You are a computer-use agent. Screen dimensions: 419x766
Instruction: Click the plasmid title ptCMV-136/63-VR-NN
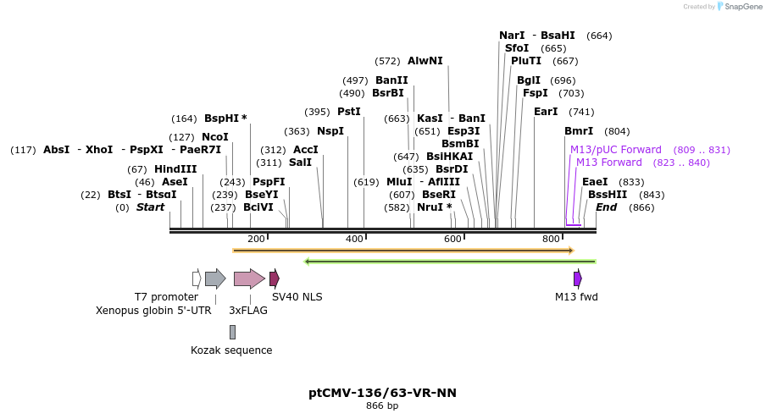click(x=382, y=393)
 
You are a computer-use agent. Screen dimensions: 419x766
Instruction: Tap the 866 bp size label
click(x=382, y=406)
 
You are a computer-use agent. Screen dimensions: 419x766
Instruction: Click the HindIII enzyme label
click(x=175, y=169)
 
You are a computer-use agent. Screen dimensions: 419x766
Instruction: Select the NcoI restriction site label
click(x=214, y=137)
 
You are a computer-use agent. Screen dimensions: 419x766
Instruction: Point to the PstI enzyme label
click(x=348, y=112)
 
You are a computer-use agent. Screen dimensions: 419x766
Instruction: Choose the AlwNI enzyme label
click(x=425, y=61)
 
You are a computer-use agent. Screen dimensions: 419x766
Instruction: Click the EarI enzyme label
click(x=546, y=112)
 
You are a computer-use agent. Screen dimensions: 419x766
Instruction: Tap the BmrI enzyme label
click(x=579, y=131)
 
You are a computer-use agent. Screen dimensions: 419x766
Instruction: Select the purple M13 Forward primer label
click(x=608, y=163)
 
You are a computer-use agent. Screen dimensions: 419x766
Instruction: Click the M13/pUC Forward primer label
click(x=615, y=150)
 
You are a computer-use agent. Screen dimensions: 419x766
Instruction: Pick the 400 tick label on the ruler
click(x=354, y=240)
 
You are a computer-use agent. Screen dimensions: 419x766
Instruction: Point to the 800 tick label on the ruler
click(x=552, y=240)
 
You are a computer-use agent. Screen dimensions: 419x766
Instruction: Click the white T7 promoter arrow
click(x=197, y=278)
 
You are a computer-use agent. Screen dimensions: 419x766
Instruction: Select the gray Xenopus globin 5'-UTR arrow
click(x=215, y=278)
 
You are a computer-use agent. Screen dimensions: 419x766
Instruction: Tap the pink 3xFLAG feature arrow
click(x=249, y=278)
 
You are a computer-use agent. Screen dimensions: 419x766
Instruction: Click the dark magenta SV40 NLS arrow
click(x=274, y=278)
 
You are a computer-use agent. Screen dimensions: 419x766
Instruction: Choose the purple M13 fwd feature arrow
click(x=577, y=278)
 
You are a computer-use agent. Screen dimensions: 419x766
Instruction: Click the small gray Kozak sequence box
click(x=232, y=332)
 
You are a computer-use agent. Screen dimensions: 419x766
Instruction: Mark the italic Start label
click(x=150, y=207)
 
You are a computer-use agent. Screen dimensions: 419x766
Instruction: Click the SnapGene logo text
click(x=743, y=7)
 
